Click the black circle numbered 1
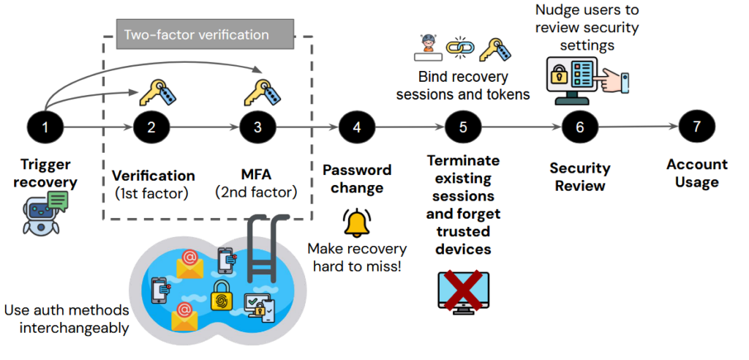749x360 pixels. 45,127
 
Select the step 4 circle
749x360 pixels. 357,127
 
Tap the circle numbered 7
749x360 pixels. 696,127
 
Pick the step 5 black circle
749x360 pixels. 463,127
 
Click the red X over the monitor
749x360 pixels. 463,290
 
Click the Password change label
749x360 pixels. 357,179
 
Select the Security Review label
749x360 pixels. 580,177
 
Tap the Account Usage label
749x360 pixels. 696,173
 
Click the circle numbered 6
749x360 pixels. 580,127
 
